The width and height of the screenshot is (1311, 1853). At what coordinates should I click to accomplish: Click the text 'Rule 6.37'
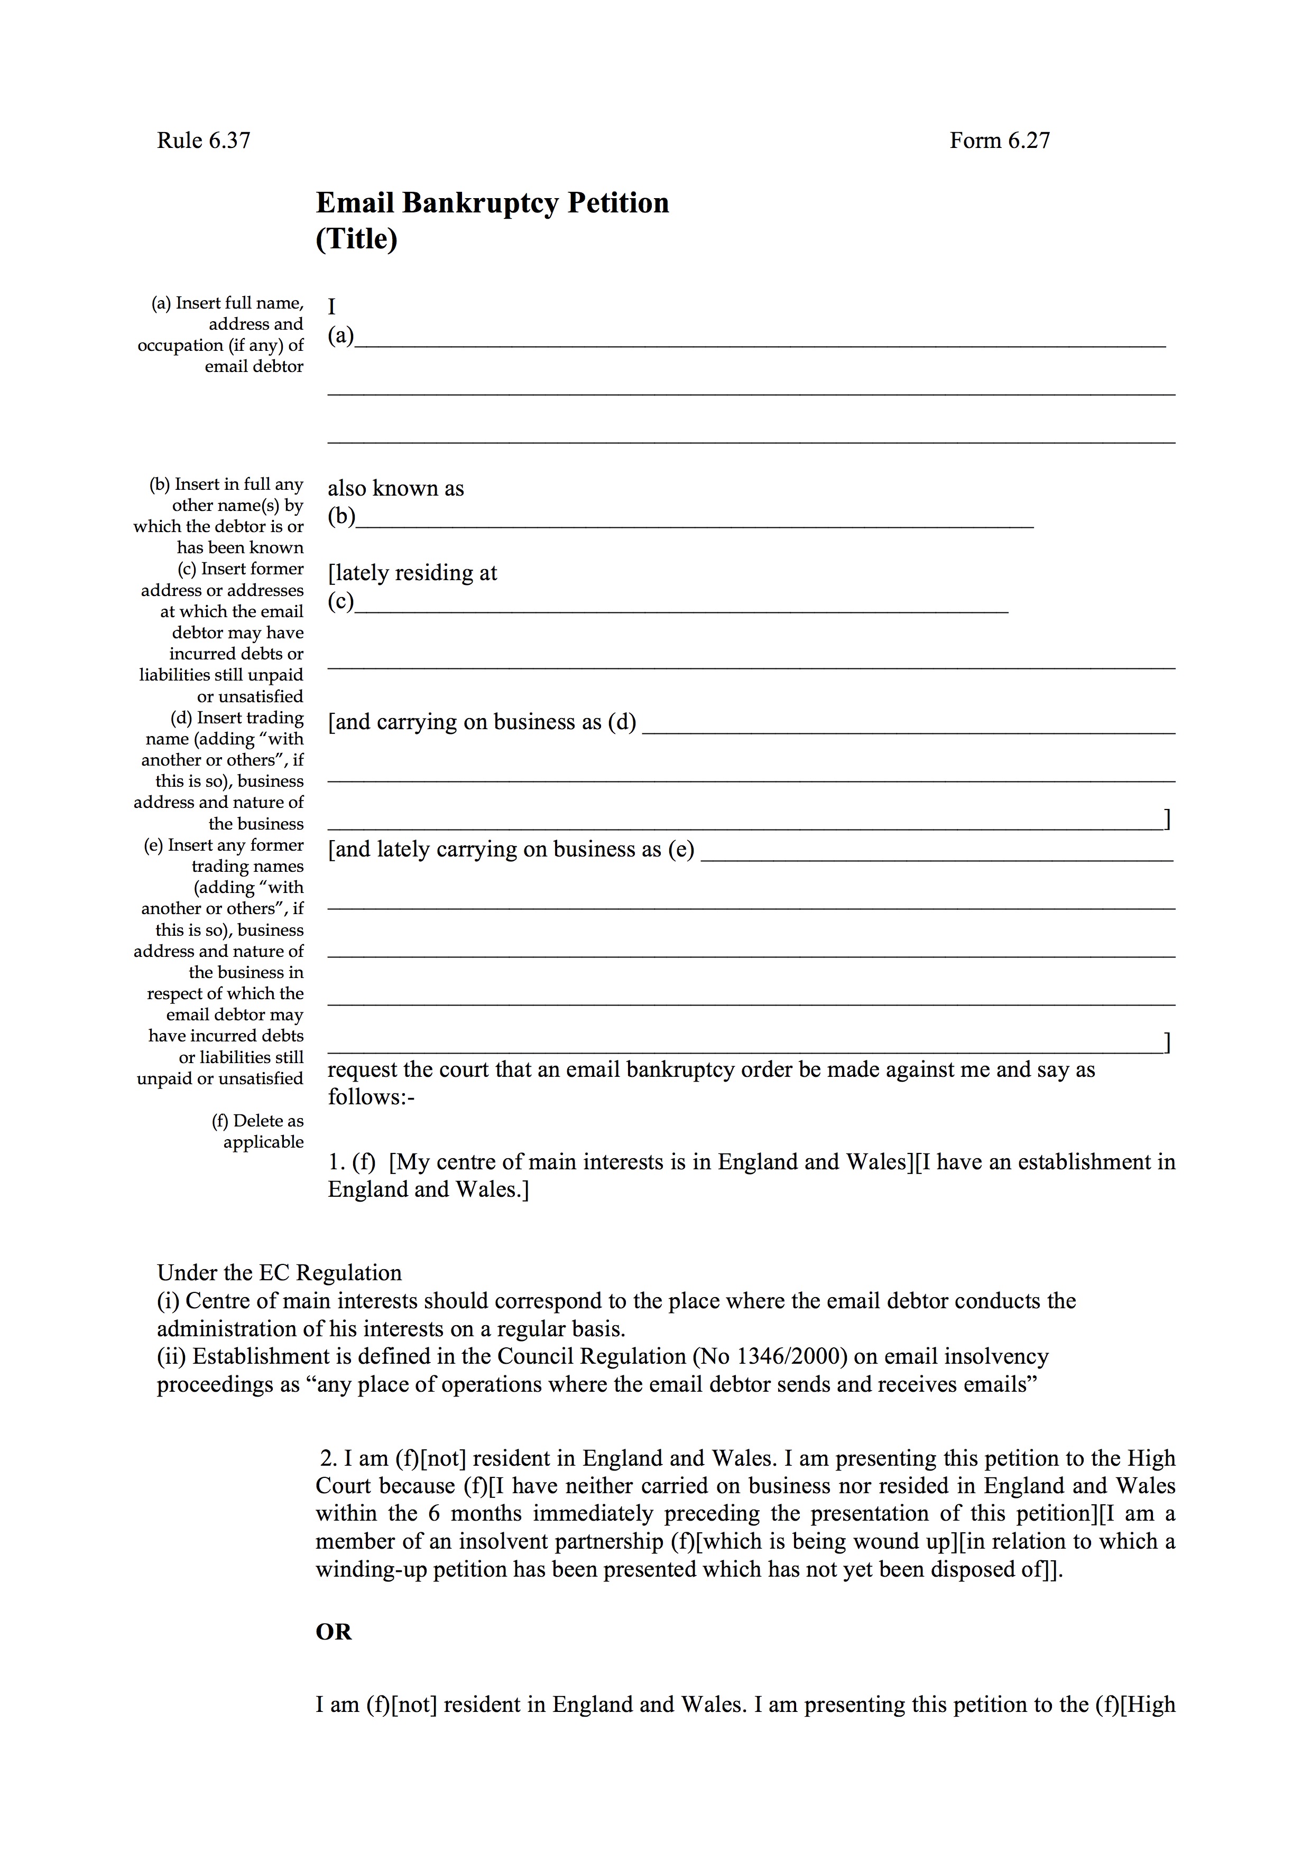tap(204, 141)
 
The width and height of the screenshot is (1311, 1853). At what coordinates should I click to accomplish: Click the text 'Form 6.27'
tap(1000, 141)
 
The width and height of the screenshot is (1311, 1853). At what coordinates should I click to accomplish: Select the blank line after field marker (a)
tap(759, 343)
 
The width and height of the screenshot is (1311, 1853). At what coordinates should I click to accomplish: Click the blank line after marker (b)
tap(694, 524)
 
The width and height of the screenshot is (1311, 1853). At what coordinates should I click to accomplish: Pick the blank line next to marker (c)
tap(682, 609)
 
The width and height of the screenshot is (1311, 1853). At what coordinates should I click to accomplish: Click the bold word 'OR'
tap(334, 1632)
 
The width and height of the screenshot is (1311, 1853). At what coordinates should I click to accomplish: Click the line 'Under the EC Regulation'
tap(279, 1273)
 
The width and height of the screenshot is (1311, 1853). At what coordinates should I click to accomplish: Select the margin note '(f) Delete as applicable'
tap(258, 1131)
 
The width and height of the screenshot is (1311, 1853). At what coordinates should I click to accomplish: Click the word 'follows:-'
tap(371, 1097)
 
